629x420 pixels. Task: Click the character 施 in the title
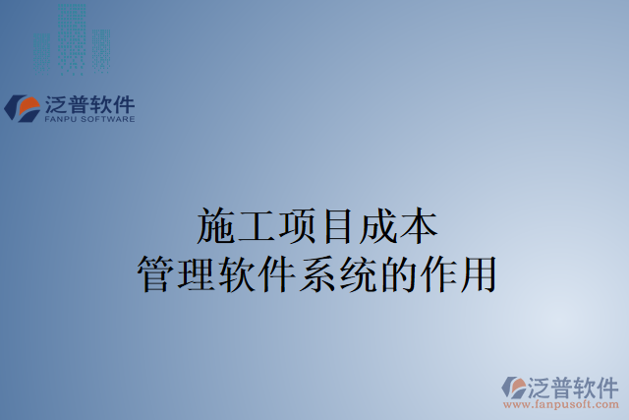pyautogui.click(x=217, y=227)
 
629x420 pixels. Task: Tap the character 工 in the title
pyautogui.click(x=266, y=227)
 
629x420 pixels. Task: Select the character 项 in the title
pyautogui.click(x=314, y=227)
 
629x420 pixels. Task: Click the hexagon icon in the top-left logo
pyautogui.click(x=22, y=106)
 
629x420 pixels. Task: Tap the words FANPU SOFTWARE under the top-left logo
pyautogui.click(x=88, y=119)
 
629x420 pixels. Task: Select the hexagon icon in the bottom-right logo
pyautogui.click(x=513, y=388)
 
